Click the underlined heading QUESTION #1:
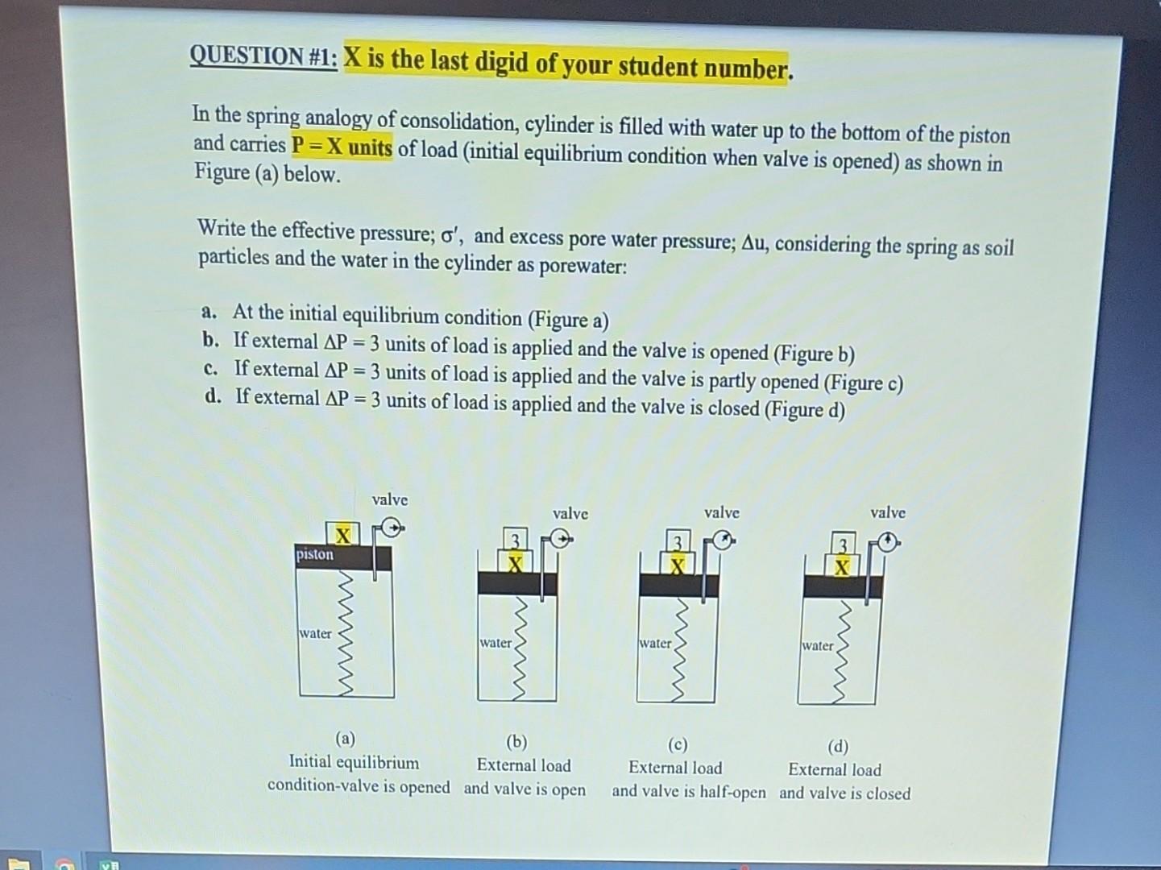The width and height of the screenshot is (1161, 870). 263,56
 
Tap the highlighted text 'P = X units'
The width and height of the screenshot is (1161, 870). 342,147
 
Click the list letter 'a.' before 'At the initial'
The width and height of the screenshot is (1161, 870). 209,312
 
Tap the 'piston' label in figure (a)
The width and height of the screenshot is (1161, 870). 314,554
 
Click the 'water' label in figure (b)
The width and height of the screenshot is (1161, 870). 495,643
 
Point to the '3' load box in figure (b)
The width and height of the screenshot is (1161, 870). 516,538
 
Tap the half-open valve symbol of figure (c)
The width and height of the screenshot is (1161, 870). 724,541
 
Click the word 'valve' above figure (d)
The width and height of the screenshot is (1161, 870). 887,512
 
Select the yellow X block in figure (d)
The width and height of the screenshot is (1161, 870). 841,567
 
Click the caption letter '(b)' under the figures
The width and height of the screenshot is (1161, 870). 516,741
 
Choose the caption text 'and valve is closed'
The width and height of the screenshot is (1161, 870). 844,793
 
